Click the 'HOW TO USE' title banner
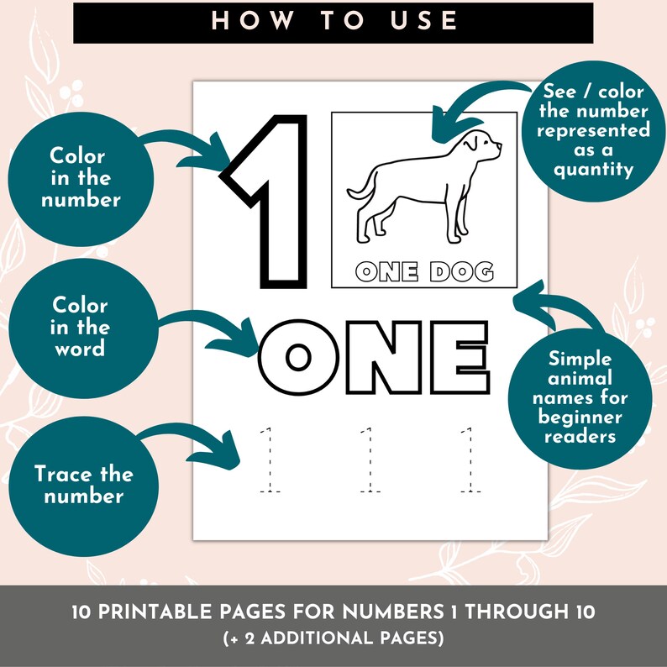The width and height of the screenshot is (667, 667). [333, 21]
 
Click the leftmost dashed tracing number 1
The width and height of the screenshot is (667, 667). [269, 460]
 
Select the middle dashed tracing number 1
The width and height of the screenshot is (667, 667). [366, 460]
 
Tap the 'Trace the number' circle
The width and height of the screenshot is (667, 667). [84, 485]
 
